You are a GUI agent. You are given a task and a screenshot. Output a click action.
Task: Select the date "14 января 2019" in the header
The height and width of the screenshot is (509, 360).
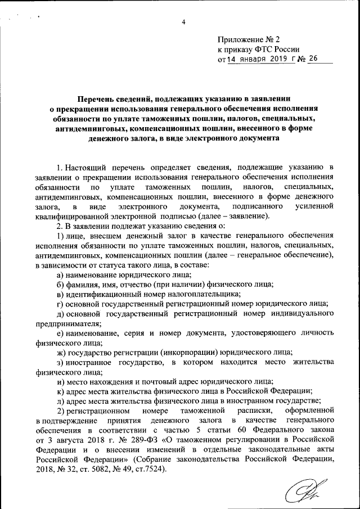pos(258,60)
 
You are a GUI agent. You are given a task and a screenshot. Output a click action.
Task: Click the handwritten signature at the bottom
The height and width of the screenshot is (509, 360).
pos(309,490)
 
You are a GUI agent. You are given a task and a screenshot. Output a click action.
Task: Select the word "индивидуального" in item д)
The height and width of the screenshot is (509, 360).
pos(305,313)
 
